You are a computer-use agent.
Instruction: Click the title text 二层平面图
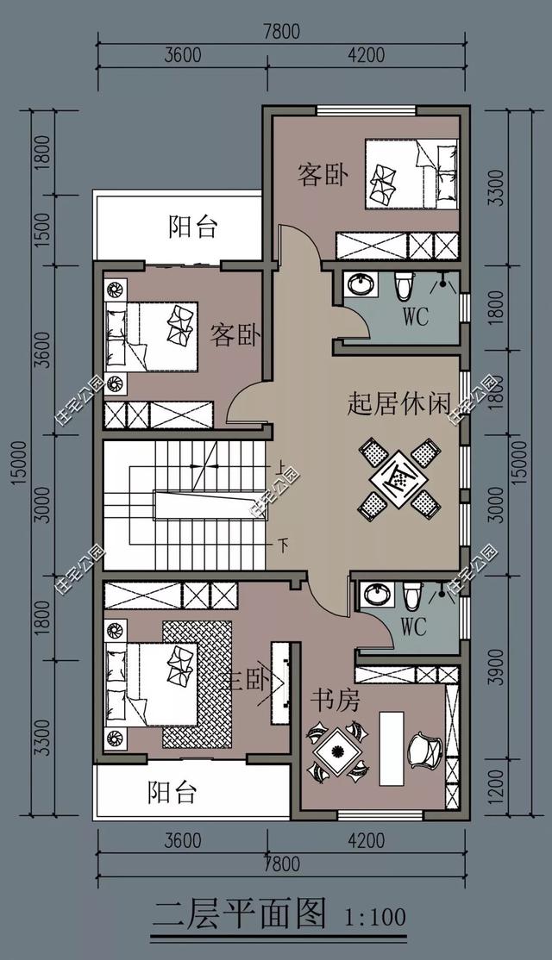pos(240,913)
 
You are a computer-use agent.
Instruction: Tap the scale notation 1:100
pos(374,915)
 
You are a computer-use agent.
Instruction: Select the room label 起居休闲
pos(399,404)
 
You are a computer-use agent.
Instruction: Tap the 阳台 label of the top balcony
pos(192,228)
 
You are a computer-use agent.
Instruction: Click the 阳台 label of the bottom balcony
pos(171,791)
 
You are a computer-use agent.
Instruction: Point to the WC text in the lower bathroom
pos(414,627)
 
